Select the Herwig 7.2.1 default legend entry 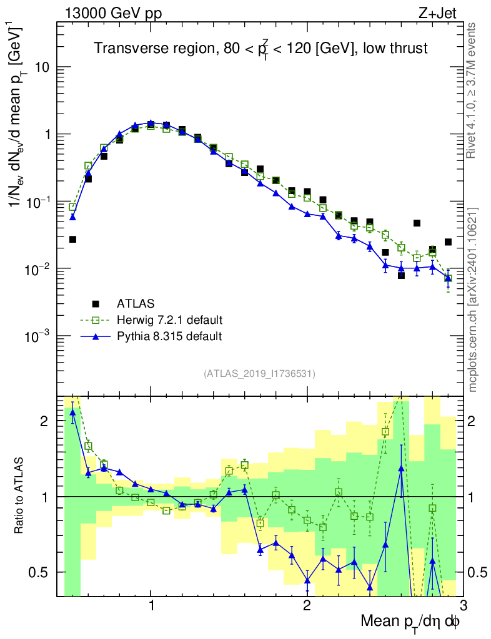169,320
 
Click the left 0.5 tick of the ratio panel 42,572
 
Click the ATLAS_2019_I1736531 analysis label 259,374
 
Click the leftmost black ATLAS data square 72,240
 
